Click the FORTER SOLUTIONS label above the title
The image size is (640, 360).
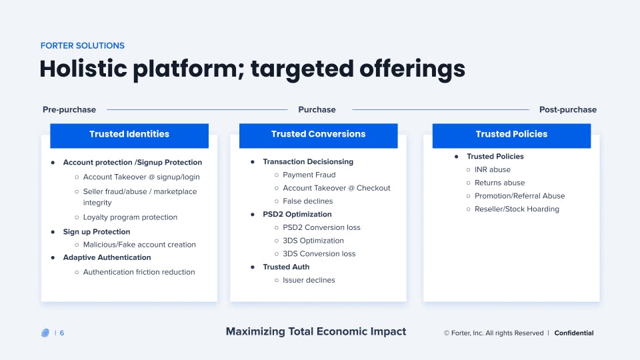[82, 46]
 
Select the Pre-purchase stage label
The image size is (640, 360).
[69, 109]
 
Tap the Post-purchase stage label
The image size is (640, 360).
[567, 109]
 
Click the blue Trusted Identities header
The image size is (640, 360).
[129, 134]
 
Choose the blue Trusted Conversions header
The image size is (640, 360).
[318, 134]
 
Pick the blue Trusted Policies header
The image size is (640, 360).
[511, 134]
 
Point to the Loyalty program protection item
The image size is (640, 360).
[130, 217]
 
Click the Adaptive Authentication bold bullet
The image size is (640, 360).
[107, 257]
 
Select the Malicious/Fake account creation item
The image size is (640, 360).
[139, 245]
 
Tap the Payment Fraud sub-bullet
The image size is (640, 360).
[309, 175]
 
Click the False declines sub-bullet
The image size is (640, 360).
[307, 201]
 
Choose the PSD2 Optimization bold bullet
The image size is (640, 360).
[297, 214]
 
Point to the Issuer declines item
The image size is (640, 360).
[309, 280]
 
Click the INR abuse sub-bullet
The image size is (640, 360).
[492, 169]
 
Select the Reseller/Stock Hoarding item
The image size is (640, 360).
[517, 209]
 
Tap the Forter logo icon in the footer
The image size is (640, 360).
[45, 333]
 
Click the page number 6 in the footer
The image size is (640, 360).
[62, 333]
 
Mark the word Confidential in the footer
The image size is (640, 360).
[573, 333]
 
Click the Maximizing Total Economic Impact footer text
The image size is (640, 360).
[315, 331]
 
